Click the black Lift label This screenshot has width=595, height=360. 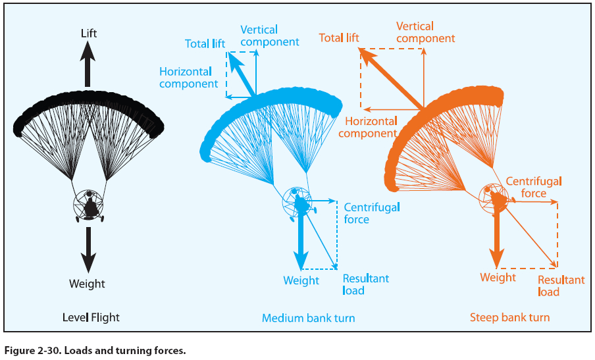89,33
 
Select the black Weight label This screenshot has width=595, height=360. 87,284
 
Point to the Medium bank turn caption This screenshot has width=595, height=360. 308,319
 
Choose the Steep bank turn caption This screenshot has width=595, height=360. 509,318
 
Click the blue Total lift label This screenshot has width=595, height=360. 205,44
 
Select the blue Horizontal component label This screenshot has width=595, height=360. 188,78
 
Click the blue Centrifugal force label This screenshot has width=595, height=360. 372,213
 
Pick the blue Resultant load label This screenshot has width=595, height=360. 365,284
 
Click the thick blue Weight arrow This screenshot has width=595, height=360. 301,237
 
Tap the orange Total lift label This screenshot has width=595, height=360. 339,38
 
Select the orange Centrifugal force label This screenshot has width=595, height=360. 534,187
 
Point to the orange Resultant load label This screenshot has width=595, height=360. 561,286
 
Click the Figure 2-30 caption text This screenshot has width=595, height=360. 95,350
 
